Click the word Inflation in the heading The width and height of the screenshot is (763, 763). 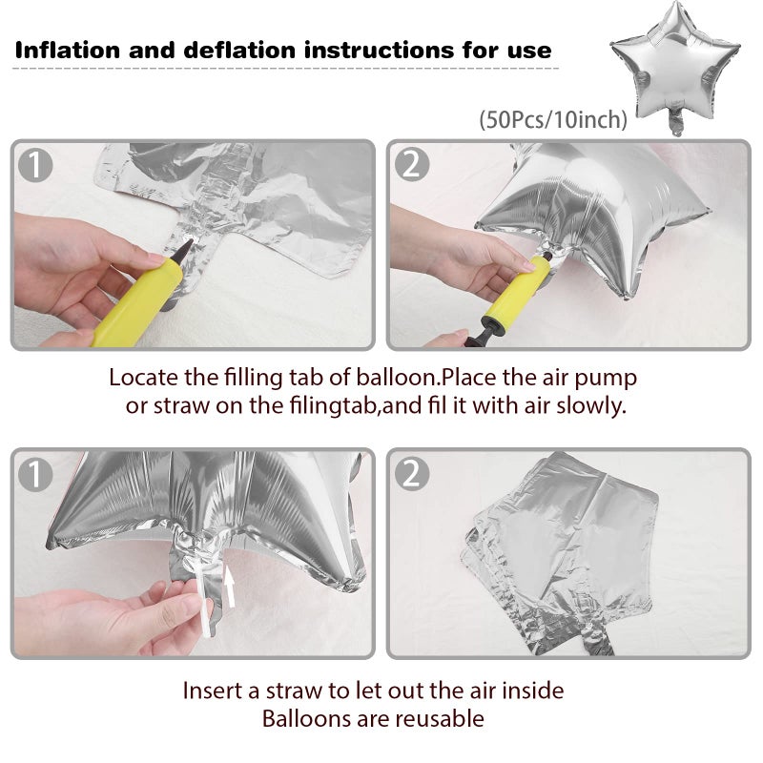click(68, 51)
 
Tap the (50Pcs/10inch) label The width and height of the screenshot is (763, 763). click(553, 119)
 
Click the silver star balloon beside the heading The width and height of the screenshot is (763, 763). click(675, 67)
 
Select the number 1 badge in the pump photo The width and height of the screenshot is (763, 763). click(35, 165)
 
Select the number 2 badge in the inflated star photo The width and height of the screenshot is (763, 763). click(412, 165)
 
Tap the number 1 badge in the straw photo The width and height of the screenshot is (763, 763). click(35, 473)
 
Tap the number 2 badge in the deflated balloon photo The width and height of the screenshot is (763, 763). click(412, 473)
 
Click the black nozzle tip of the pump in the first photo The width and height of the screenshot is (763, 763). click(181, 250)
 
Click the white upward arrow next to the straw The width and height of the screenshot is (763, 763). click(229, 588)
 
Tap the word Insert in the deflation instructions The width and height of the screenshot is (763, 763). click(214, 691)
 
